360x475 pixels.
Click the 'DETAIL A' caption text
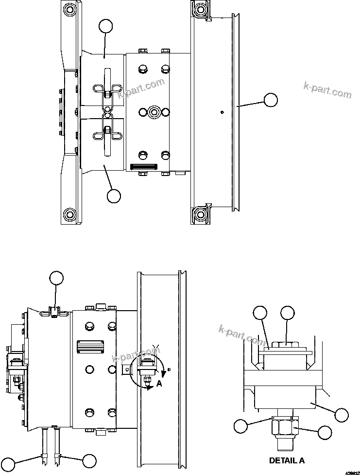click(287, 459)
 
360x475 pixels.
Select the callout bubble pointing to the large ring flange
click(271, 100)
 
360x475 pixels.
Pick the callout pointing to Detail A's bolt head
click(288, 314)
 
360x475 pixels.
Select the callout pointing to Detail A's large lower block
click(342, 414)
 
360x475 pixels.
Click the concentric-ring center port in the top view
click(154, 112)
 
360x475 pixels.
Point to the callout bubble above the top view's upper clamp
click(106, 26)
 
